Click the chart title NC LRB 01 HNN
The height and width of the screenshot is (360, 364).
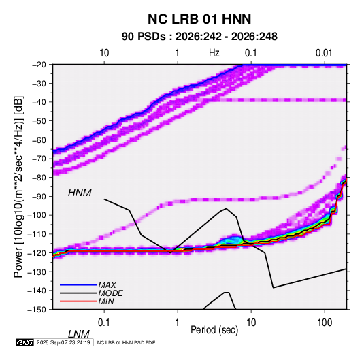(199, 19)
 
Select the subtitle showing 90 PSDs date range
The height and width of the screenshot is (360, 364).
(199, 37)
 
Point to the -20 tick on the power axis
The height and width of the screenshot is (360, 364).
(39, 65)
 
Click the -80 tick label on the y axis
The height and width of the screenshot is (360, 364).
(39, 178)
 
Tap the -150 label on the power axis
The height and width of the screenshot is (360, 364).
(37, 310)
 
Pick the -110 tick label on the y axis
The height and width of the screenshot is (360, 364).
(37, 234)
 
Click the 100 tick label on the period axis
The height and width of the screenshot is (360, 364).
(325, 323)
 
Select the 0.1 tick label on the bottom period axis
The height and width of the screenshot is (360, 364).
(104, 323)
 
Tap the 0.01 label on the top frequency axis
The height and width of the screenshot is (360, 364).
(324, 53)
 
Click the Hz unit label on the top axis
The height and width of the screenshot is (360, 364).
(214, 53)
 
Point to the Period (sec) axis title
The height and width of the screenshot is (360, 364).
(214, 330)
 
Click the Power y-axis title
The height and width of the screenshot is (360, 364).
(18, 187)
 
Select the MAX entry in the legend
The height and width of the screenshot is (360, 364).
(107, 285)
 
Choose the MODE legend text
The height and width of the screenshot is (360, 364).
(110, 293)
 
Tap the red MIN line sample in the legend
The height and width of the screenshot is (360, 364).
(78, 301)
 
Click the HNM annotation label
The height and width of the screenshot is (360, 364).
(80, 193)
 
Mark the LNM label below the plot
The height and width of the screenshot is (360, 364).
(79, 334)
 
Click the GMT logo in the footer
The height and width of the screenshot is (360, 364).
(24, 342)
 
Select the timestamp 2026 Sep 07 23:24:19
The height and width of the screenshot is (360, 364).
(63, 342)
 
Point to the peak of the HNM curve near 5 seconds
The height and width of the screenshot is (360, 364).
(226, 208)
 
